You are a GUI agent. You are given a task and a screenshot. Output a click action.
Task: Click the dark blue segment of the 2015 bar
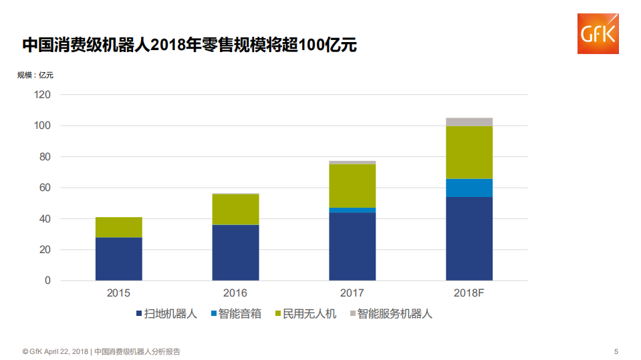tap(118, 259)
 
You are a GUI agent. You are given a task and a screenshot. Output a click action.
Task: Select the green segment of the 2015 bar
tap(118, 227)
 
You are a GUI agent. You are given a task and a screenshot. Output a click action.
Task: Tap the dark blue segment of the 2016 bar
tap(235, 252)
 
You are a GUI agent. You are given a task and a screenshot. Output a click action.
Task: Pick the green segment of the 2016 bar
tap(235, 209)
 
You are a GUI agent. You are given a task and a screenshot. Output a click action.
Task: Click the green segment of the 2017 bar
tap(352, 186)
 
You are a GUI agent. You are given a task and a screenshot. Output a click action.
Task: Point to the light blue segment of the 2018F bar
tap(469, 188)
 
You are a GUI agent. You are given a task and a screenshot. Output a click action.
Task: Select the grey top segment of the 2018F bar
tap(469, 122)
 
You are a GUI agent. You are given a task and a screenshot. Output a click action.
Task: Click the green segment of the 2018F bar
tap(469, 152)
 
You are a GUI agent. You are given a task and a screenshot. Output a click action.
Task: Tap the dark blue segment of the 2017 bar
tap(352, 246)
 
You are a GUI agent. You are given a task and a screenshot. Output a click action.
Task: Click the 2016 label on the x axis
tap(235, 293)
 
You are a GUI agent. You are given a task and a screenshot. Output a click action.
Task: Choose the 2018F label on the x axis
tap(469, 293)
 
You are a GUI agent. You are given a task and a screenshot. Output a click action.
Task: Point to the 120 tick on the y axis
tap(42, 95)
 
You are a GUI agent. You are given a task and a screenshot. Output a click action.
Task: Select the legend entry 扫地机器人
tap(166, 314)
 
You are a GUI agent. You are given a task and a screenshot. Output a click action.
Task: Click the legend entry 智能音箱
tap(236, 314)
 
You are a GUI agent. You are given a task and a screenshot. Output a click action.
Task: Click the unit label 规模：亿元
tap(35, 75)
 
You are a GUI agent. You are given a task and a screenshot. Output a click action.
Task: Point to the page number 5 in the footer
tap(616, 351)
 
